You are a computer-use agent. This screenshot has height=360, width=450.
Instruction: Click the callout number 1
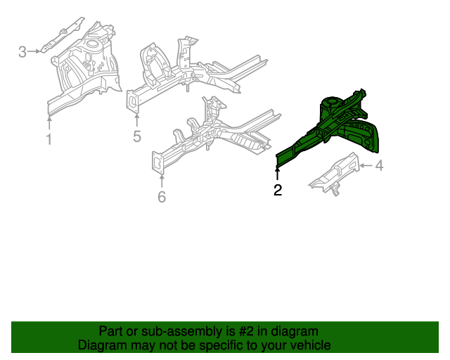[49, 139]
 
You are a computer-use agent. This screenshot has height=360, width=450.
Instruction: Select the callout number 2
[278, 190]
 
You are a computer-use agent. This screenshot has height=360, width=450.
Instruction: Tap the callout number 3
[22, 51]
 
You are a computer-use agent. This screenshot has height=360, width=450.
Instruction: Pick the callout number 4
[379, 166]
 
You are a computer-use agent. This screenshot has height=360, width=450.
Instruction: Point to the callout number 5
[137, 136]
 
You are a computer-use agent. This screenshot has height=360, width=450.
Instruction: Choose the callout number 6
[162, 197]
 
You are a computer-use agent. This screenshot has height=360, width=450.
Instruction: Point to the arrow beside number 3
[35, 51]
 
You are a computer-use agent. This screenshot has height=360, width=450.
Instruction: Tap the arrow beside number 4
[366, 166]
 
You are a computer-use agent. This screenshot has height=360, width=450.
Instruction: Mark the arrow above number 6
[162, 181]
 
